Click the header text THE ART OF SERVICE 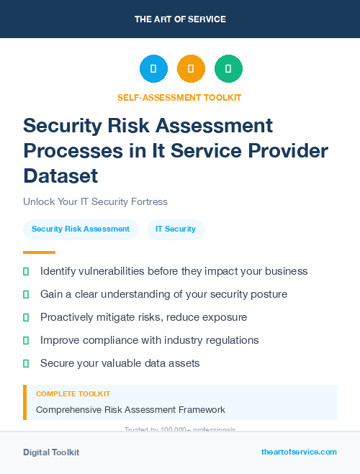coord(180,19)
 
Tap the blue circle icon coord(153,69)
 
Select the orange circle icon coord(191,69)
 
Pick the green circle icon coord(228,69)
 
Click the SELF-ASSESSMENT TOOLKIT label coord(179,97)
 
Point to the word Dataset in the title coord(60,176)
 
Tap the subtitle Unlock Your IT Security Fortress coord(95,201)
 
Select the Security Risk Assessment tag coord(81,229)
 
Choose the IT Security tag coord(176,229)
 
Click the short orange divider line coord(39,252)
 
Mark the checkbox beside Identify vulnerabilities coord(26,271)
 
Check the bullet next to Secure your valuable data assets coord(26,363)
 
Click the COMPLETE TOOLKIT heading coord(73,394)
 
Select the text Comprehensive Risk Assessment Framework coord(130,410)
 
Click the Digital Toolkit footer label coord(51,452)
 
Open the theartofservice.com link coord(299,452)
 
